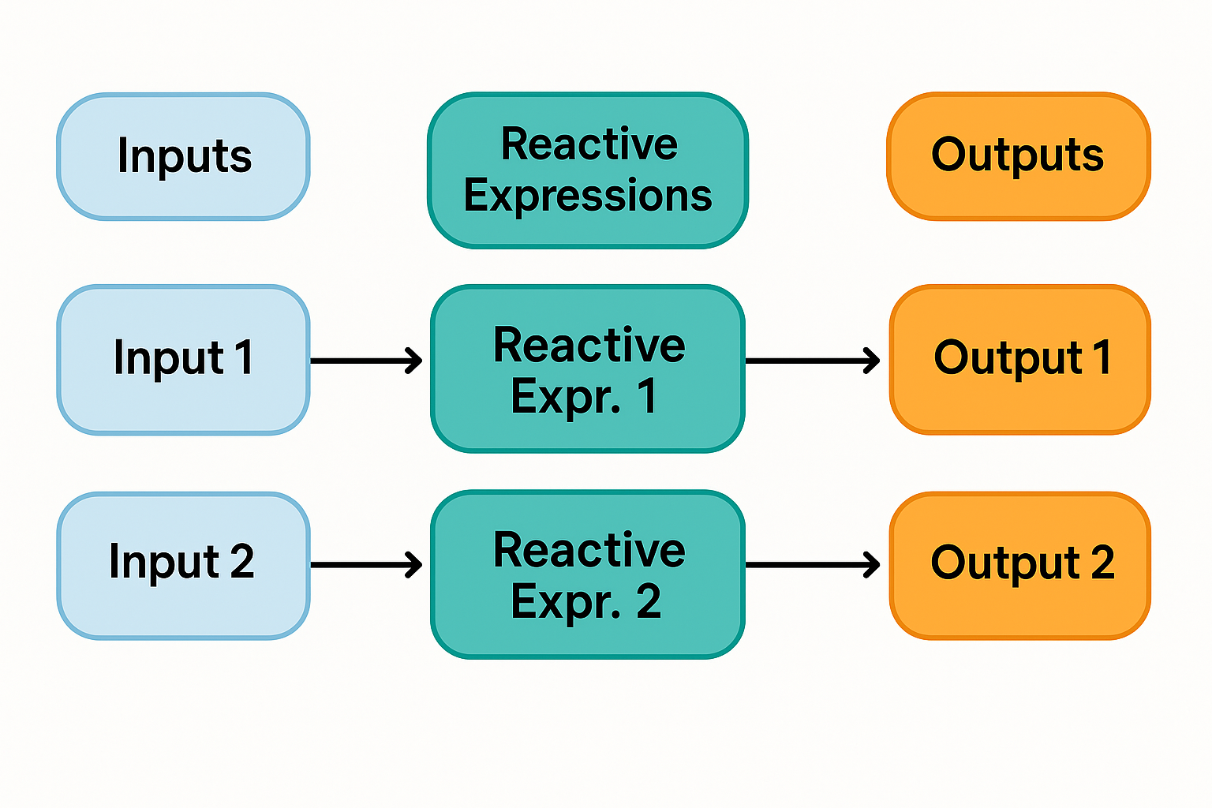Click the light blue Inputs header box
tap(183, 156)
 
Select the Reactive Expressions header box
tap(588, 170)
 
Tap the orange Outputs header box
tap(1018, 156)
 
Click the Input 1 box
tap(183, 360)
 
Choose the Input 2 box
tap(183, 565)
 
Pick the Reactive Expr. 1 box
tap(588, 368)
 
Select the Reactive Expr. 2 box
tap(588, 574)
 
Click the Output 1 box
tap(1019, 360)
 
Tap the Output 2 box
tap(1019, 565)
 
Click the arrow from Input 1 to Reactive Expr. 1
tap(366, 361)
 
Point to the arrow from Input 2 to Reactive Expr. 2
tap(366, 565)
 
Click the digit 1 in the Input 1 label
tap(244, 357)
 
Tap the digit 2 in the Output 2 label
tap(1102, 562)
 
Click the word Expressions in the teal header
tap(588, 196)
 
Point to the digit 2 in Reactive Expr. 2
tap(648, 601)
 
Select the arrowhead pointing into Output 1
tap(872, 361)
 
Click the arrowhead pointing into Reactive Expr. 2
tap(414, 565)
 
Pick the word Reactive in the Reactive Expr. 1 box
tap(589, 345)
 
